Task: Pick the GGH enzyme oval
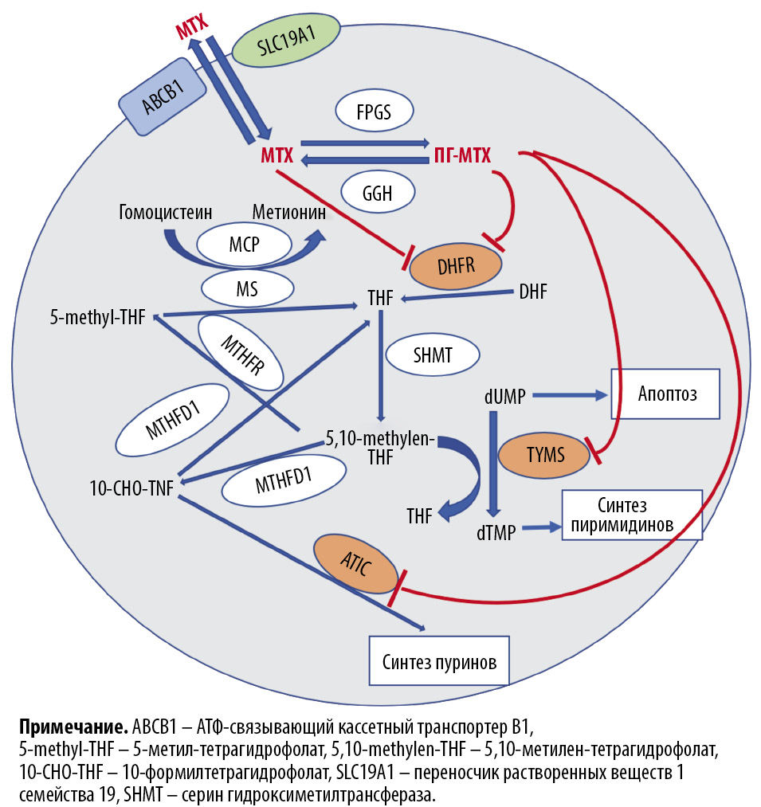(x=378, y=193)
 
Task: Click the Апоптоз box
(x=665, y=394)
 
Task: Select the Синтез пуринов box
(x=439, y=660)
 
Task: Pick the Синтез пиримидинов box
(x=632, y=515)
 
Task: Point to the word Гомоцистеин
(x=167, y=212)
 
